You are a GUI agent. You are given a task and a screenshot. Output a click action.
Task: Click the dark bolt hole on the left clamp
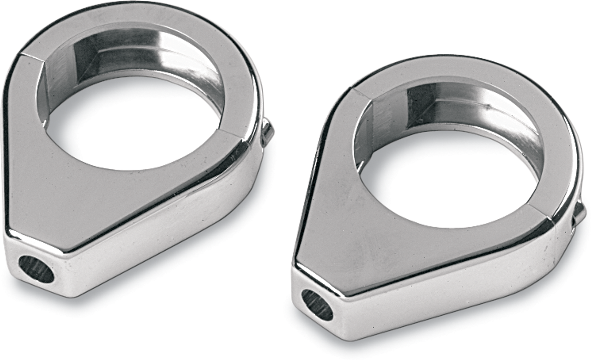coord(36,269)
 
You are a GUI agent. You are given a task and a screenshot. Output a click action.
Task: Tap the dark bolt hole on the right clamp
coord(317,305)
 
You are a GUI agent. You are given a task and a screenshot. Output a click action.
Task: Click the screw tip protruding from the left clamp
coord(267,132)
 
